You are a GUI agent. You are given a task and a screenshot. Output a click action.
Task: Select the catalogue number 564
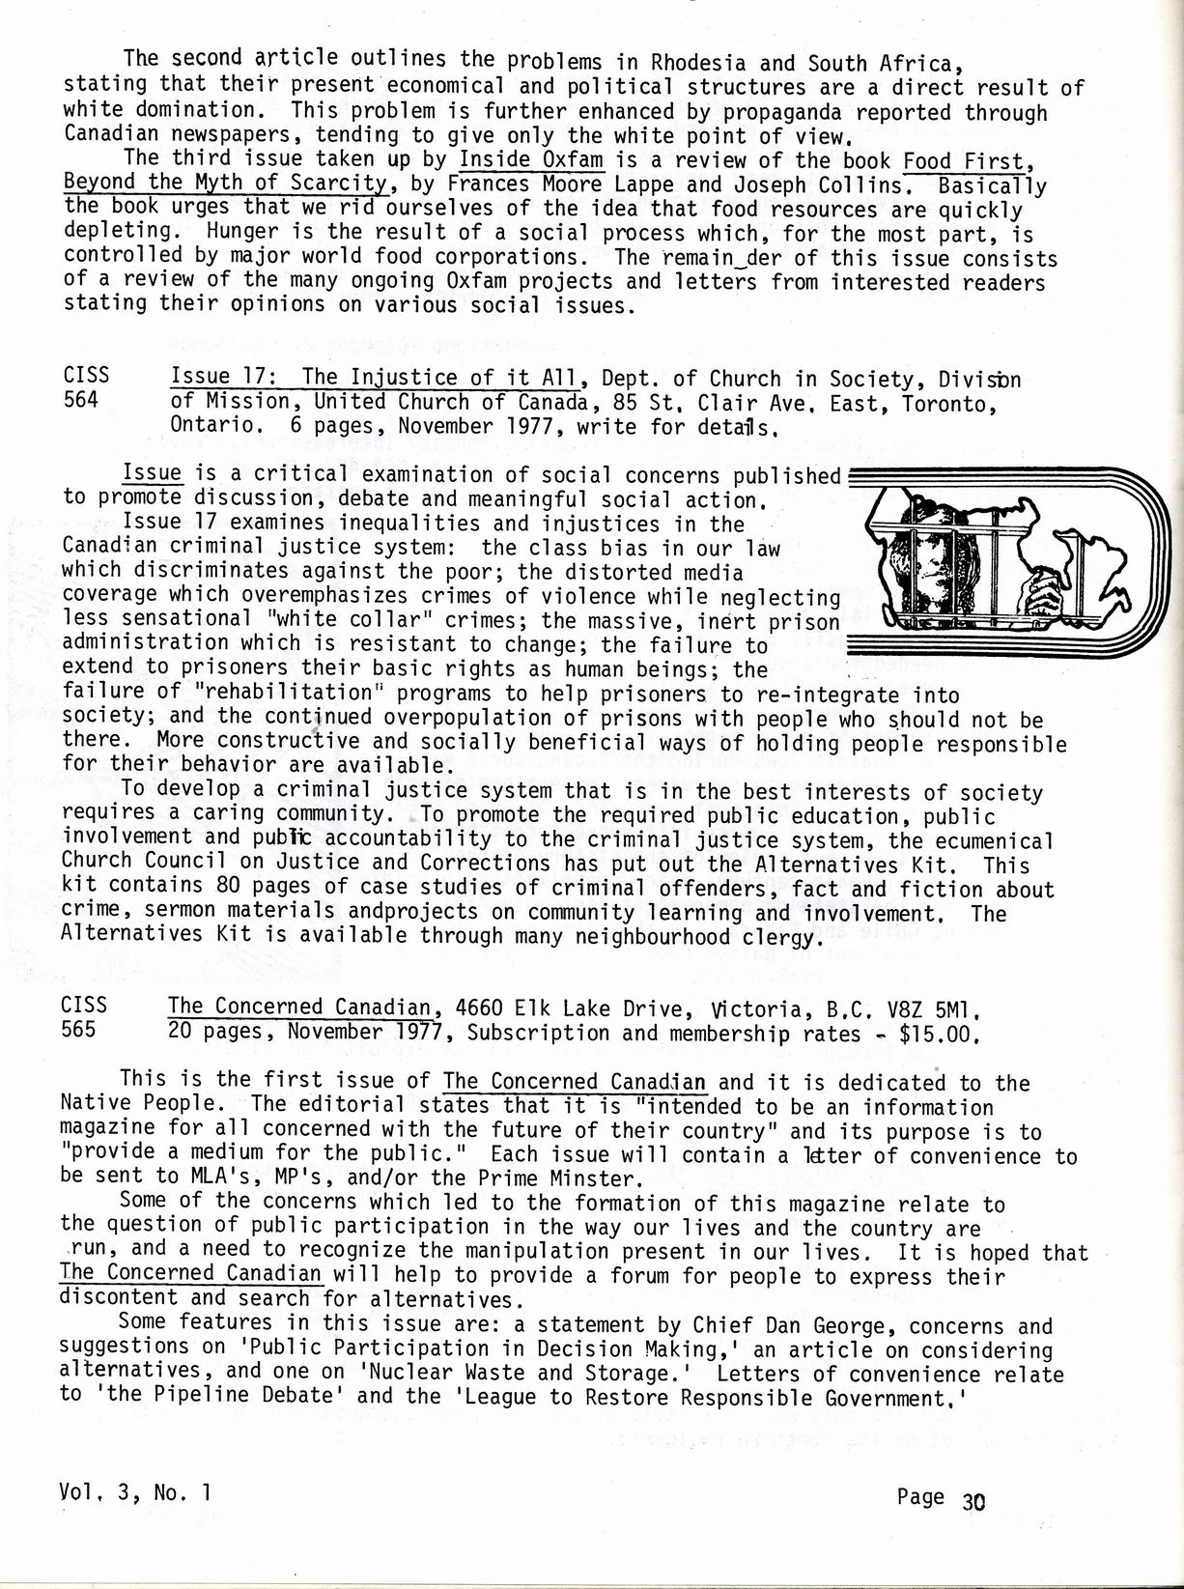click(x=80, y=400)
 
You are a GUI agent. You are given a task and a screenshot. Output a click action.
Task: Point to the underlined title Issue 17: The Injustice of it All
click(x=375, y=377)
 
